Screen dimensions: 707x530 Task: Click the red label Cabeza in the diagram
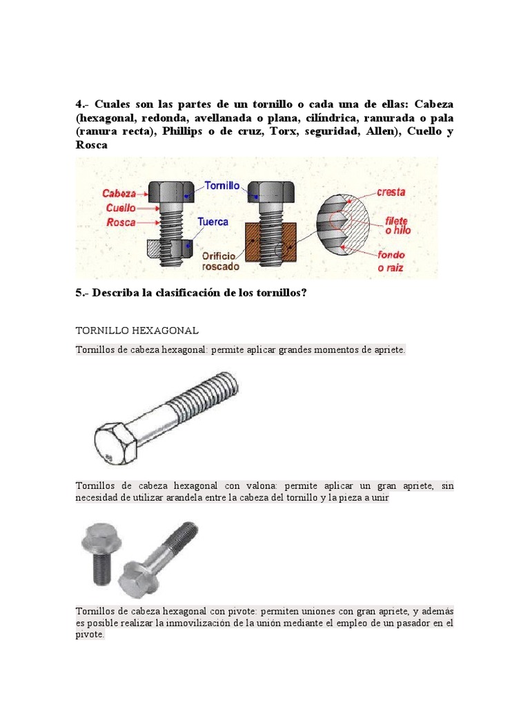point(119,194)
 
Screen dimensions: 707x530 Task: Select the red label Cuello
point(121,208)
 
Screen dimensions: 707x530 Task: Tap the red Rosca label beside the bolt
point(121,222)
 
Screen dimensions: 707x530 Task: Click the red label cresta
point(391,192)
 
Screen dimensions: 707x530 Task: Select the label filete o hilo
point(397,225)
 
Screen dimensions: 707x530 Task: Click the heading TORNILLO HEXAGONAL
point(137,331)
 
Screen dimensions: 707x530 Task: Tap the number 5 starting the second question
point(79,293)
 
